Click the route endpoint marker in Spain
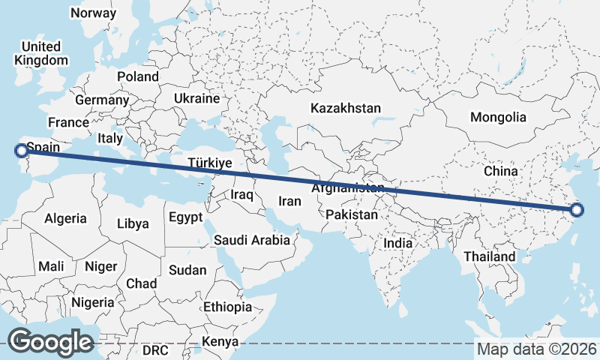[21, 151]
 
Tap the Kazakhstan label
[346, 108]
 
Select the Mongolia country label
[498, 117]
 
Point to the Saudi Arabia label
[252, 241]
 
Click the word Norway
[92, 13]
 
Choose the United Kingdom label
[41, 53]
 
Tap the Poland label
[138, 76]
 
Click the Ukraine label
[196, 98]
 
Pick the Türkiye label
[210, 163]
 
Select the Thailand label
[489, 256]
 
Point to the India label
[398, 243]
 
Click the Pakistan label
[352, 214]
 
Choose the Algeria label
[65, 219]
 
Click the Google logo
[51, 341]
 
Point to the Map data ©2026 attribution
[537, 349]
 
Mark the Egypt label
[186, 217]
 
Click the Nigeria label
[93, 302]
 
